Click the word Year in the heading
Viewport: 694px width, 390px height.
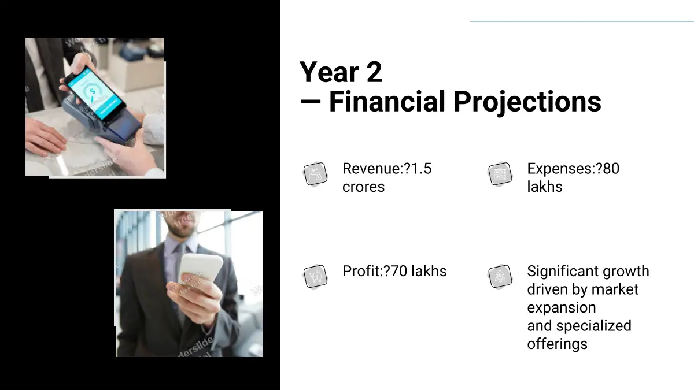(x=329, y=72)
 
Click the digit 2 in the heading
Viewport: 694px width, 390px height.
(x=374, y=72)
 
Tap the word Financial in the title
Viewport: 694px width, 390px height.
(x=387, y=101)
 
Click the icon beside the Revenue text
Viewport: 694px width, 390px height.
(x=315, y=174)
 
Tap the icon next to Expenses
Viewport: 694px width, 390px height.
(x=500, y=174)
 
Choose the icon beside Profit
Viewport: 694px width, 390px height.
(x=315, y=276)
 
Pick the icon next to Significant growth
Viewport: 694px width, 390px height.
(x=500, y=276)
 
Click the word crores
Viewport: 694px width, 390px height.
(x=363, y=187)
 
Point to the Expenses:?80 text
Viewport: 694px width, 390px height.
(x=573, y=169)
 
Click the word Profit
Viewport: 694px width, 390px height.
(x=361, y=271)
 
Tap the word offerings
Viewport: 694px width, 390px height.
(x=558, y=344)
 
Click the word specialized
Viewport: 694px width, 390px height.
(x=593, y=326)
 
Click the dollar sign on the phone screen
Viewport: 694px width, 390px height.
(x=93, y=91)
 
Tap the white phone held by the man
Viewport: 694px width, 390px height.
(x=201, y=268)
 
